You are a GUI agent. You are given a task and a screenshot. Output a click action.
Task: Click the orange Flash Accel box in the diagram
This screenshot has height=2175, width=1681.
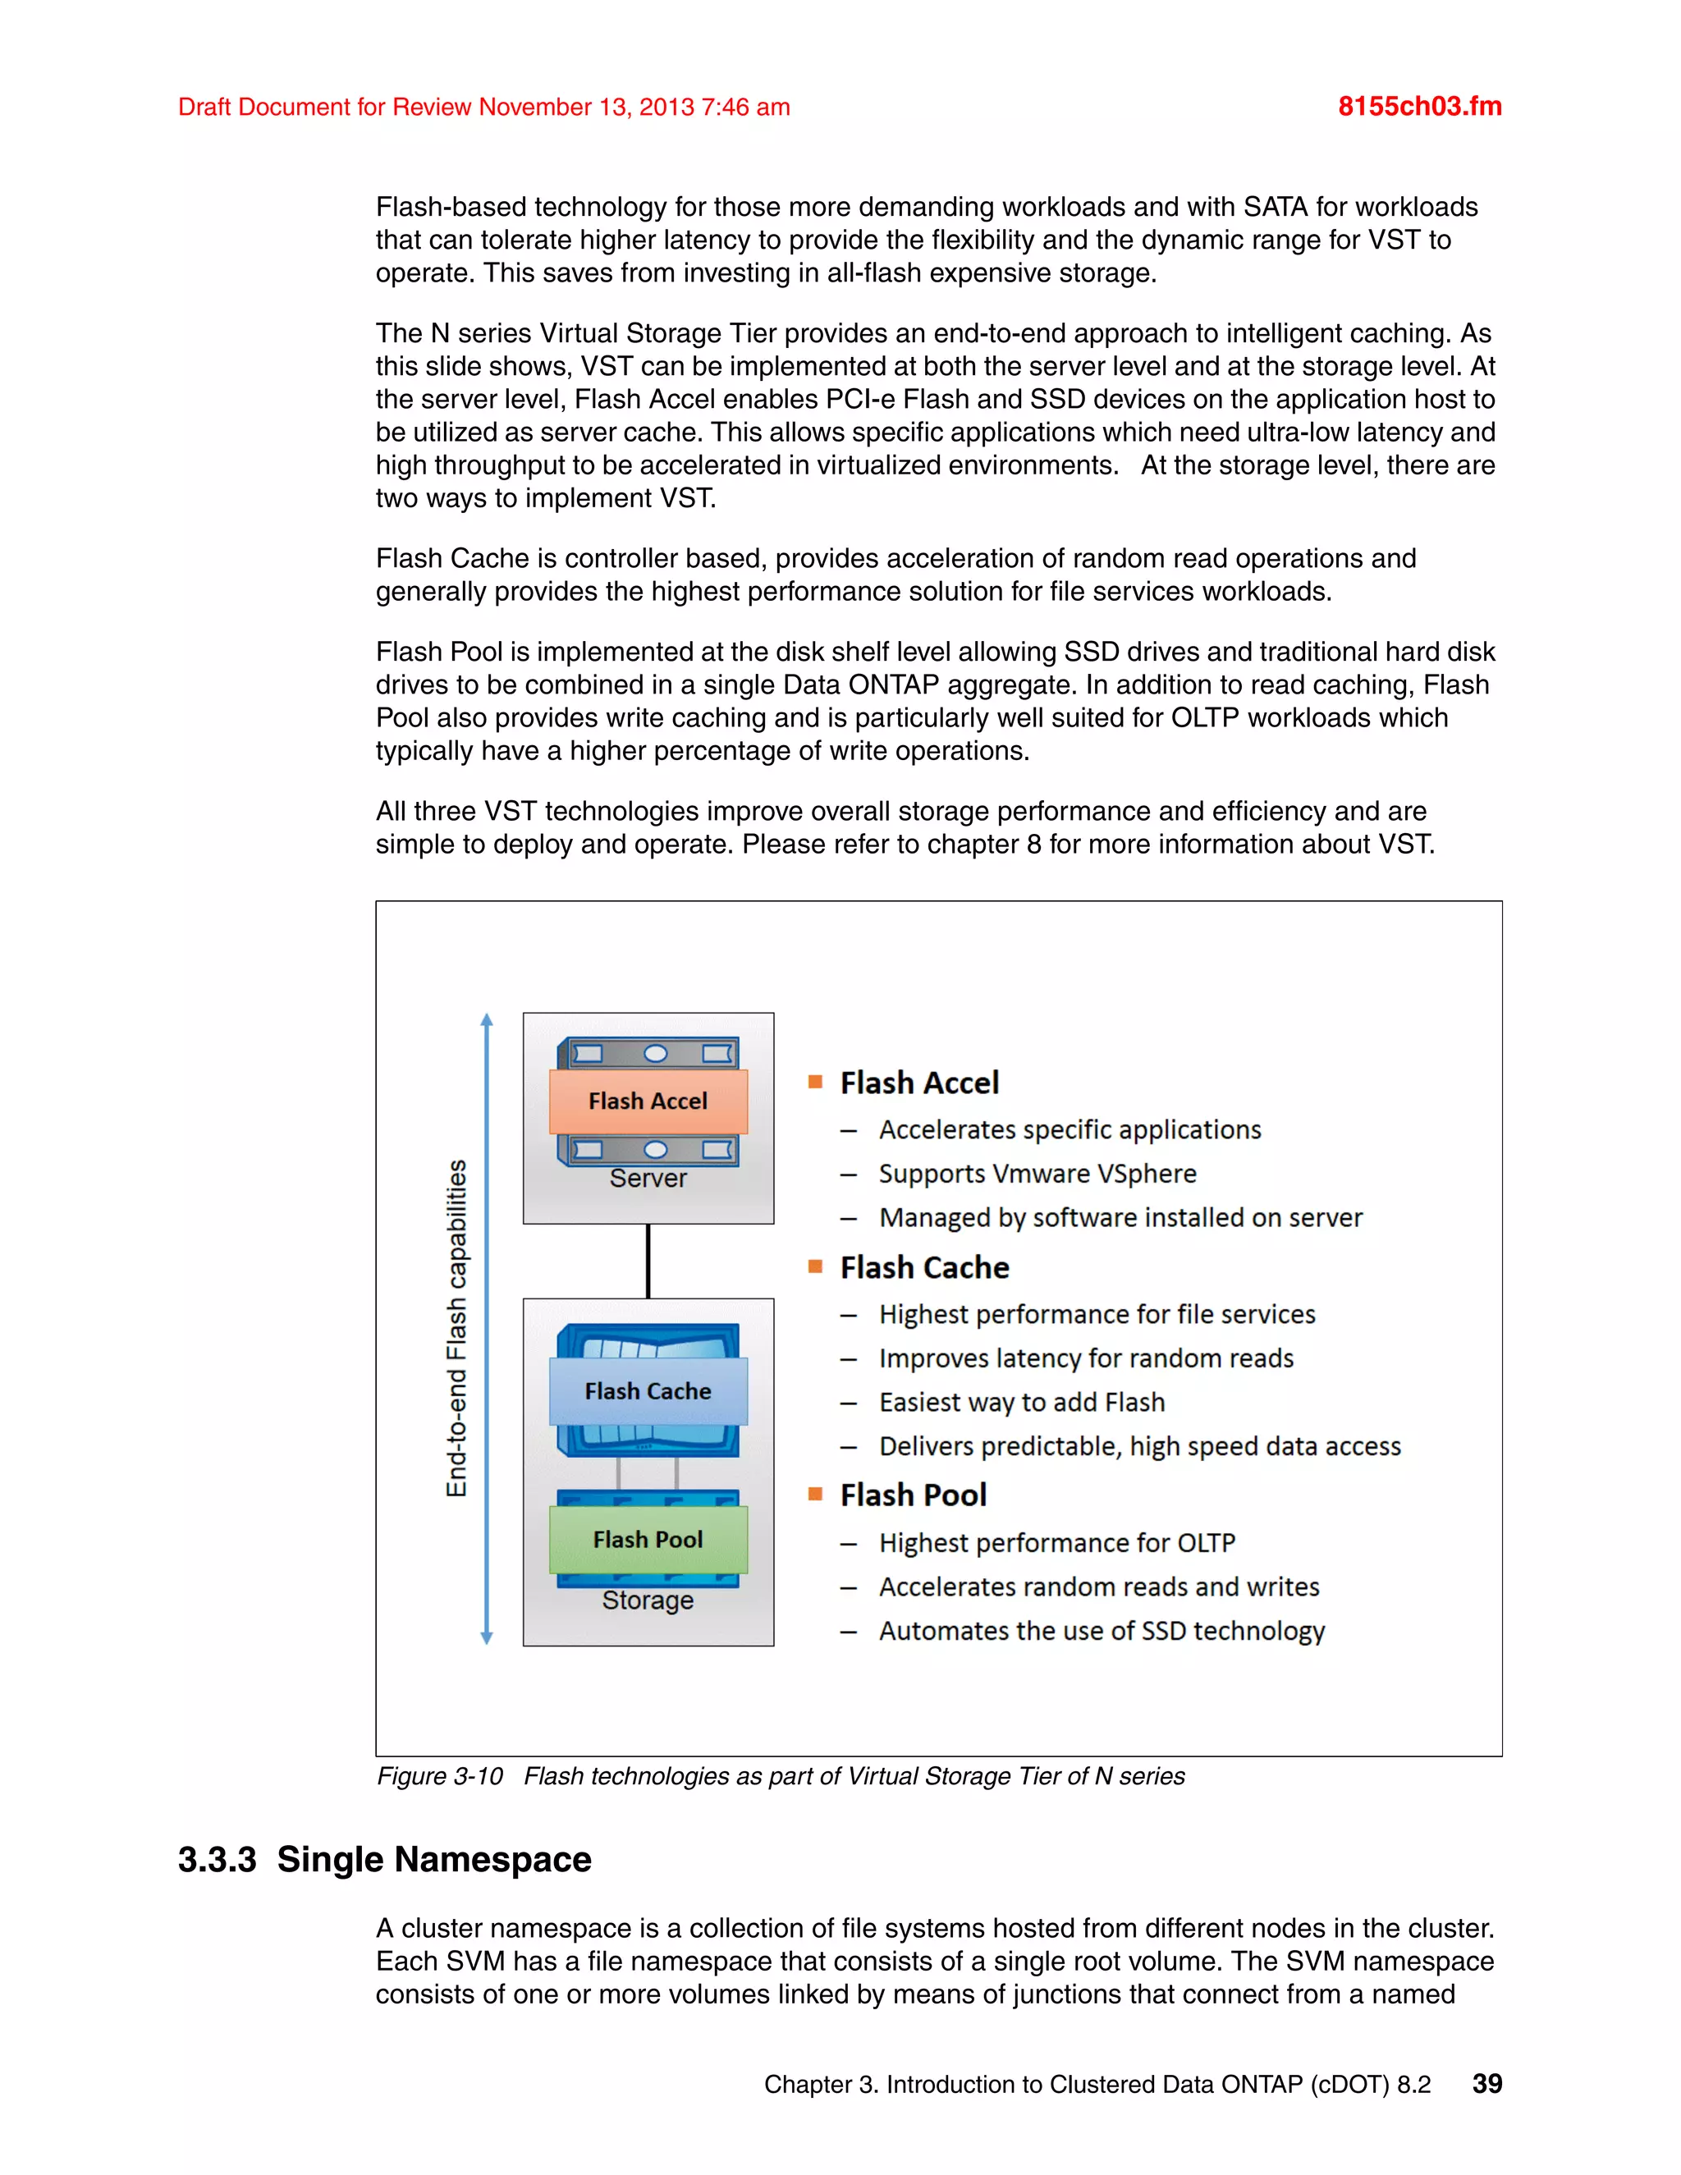648,1101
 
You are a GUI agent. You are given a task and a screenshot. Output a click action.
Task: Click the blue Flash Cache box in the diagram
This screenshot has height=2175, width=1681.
648,1391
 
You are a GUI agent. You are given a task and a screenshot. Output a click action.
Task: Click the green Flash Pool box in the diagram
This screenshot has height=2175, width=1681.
648,1540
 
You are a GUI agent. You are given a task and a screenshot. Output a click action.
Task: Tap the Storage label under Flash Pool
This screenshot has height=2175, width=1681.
648,1600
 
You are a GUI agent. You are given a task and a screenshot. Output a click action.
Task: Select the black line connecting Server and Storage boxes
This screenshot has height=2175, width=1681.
648,1261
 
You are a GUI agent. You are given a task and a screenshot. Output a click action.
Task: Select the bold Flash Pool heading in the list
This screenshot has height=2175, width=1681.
914,1495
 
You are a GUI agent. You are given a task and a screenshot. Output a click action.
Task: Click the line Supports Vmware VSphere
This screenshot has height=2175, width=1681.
1037,1174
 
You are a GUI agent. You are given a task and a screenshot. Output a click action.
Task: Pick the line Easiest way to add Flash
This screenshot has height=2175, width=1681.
1021,1402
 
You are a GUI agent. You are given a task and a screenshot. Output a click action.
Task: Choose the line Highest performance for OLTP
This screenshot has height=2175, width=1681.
1056,1543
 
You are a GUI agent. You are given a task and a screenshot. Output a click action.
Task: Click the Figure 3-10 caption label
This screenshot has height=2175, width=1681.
439,1777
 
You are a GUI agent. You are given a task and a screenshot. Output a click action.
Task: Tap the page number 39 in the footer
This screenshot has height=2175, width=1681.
1486,2083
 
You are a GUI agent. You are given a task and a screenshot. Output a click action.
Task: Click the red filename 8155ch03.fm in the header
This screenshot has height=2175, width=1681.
1419,107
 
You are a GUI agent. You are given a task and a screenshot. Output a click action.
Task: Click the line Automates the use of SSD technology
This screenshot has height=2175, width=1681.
1102,1632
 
